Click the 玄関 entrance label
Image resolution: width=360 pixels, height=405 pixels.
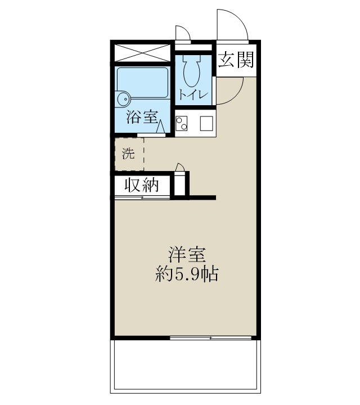pos(236,60)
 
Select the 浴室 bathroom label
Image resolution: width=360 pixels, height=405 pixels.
pos(141,118)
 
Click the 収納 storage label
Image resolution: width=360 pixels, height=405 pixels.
pos(141,185)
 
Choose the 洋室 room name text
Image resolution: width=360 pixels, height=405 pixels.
pos(185,255)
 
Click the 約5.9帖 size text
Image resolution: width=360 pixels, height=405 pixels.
pos(187,276)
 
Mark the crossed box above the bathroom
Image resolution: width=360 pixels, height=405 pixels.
pos(143,53)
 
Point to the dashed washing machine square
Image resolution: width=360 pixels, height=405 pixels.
pos(129,153)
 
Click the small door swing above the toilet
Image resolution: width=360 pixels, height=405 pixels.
pos(183,34)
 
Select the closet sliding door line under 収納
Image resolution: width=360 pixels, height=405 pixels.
pos(142,197)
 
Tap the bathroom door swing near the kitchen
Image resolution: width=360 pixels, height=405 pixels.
pos(160,127)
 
